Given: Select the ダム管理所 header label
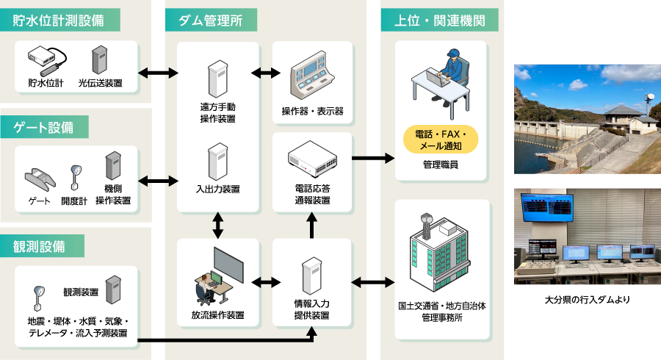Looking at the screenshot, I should (211, 20).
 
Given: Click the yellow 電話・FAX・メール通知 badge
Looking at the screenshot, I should (441, 140).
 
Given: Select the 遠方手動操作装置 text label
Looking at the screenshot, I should (218, 112).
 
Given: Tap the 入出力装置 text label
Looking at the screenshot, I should (218, 190).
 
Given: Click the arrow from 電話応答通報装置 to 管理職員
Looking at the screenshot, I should (372, 157).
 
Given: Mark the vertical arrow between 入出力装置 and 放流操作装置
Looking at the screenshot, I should (218, 225).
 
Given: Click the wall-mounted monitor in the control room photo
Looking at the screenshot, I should (546, 207).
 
